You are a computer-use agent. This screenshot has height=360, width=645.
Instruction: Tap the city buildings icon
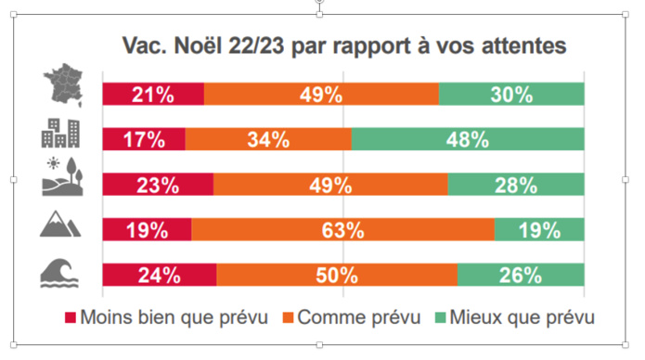[60, 135]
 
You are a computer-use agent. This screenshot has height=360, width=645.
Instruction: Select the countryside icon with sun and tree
[60, 181]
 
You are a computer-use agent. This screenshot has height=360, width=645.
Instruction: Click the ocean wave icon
[60, 272]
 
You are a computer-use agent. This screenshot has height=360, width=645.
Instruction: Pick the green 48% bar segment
[468, 139]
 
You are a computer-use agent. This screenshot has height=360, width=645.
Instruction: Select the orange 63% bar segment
[342, 229]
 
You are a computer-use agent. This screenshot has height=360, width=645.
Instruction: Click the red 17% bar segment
[144, 139]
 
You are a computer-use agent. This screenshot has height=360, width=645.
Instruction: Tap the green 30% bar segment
[511, 94]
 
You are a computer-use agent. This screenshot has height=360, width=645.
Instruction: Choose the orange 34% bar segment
[268, 139]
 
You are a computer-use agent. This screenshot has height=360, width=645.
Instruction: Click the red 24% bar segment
[159, 275]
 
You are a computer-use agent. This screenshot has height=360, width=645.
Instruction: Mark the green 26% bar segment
[521, 275]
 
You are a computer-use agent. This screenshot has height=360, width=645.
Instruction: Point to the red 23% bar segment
[158, 185]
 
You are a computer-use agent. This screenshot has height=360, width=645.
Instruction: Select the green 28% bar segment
[516, 185]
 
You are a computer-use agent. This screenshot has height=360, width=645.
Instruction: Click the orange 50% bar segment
[337, 275]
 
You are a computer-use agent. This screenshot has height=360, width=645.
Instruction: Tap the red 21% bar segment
[153, 94]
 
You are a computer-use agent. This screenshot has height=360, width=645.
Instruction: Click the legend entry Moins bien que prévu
[166, 317]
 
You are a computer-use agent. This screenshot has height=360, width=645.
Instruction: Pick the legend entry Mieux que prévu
[514, 317]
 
